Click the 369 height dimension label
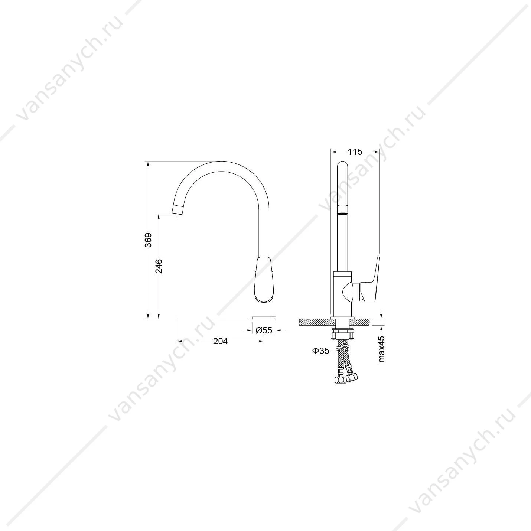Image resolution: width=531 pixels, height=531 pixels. point(148,240)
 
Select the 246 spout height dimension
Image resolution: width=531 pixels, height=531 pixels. point(159,266)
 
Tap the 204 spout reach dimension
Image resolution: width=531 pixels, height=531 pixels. point(221,341)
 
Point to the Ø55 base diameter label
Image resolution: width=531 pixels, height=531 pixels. point(264,330)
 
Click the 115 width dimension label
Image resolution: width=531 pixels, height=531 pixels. point(355,152)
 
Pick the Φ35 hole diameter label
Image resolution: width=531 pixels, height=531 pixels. point(320,351)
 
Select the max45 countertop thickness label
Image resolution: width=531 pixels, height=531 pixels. point(382,349)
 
